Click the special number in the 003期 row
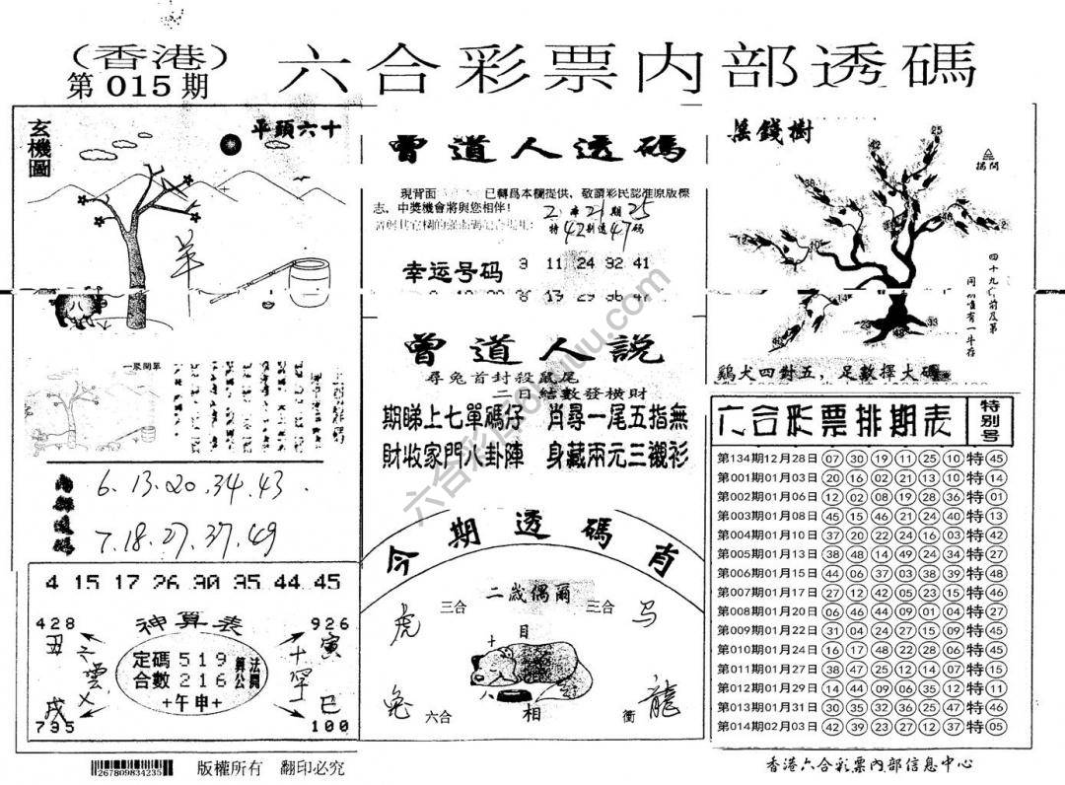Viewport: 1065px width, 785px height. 997,516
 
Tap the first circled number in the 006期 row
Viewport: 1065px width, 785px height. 831,573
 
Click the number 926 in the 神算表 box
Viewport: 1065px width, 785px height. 329,623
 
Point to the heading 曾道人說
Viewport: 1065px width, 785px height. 532,349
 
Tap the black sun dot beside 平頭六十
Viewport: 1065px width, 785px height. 232,146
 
